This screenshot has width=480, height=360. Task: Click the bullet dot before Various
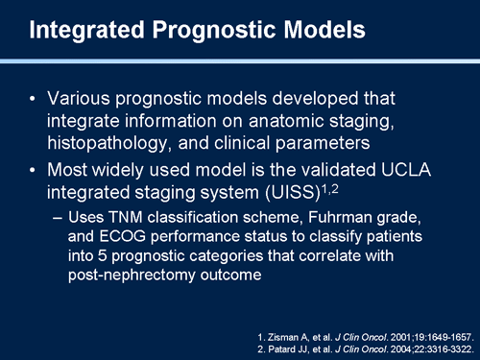coord(36,100)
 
